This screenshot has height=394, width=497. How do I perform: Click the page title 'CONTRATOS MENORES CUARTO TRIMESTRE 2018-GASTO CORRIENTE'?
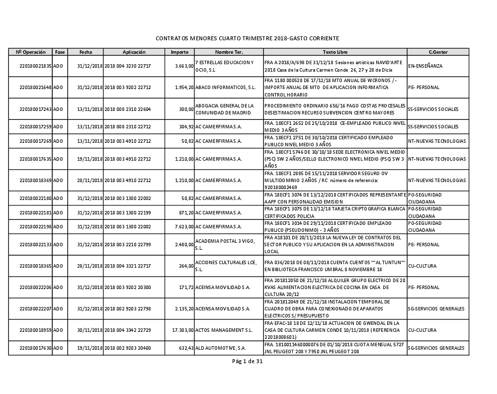tap(247, 38)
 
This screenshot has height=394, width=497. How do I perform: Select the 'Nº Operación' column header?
tap(31, 52)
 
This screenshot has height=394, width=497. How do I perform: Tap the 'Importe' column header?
tap(179, 52)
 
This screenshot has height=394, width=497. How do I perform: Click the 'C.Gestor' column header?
tap(437, 52)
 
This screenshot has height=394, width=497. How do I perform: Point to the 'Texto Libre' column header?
tap(335, 52)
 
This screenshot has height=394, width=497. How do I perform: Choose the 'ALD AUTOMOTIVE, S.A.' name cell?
tap(221, 348)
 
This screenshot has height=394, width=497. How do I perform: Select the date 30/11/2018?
tap(90, 330)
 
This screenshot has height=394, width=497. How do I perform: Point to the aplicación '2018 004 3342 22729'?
tap(127, 330)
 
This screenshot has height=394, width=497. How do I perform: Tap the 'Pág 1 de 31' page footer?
tap(247, 362)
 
